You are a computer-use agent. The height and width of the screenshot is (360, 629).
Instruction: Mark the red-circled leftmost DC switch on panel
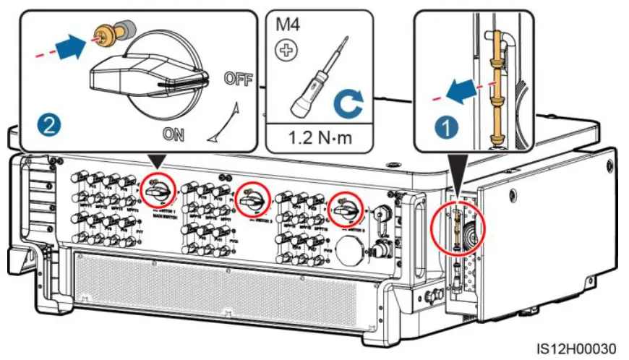157,189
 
